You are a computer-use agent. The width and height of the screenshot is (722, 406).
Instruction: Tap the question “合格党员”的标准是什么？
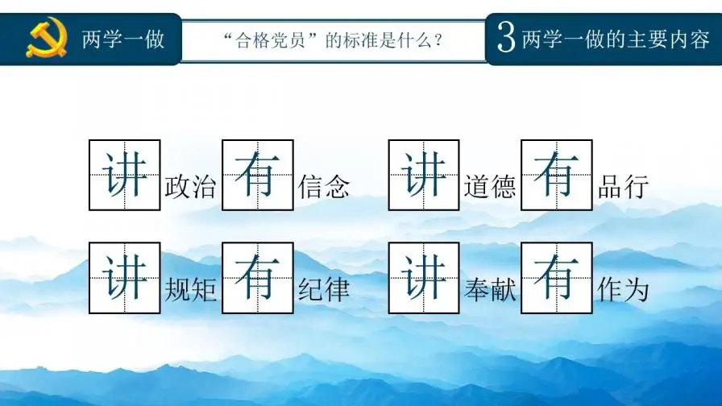334,39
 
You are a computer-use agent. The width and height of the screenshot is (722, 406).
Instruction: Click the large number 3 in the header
506,39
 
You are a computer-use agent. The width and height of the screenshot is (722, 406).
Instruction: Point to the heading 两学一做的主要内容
616,39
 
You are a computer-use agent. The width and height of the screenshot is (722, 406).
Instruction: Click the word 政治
190,187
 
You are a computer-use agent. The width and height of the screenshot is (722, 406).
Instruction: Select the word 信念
324,187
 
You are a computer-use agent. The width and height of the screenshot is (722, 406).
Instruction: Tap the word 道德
490,187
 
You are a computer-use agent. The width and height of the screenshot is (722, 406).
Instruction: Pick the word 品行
624,187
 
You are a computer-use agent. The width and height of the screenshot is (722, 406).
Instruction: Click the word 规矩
190,289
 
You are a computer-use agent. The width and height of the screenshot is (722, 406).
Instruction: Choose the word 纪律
324,289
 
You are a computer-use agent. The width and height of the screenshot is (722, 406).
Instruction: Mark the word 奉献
490,289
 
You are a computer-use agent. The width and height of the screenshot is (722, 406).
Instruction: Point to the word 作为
624,289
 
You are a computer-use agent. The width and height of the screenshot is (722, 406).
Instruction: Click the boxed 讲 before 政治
124,175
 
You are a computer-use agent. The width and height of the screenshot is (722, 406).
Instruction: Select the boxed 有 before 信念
258,175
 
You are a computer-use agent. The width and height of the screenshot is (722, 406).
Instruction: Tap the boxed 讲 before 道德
424,175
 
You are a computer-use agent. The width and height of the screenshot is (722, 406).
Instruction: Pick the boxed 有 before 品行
557,175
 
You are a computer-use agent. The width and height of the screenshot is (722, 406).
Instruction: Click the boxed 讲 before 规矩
124,277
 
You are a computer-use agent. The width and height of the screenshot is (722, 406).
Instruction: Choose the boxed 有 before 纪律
258,277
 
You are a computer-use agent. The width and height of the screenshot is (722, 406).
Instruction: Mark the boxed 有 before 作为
557,277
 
